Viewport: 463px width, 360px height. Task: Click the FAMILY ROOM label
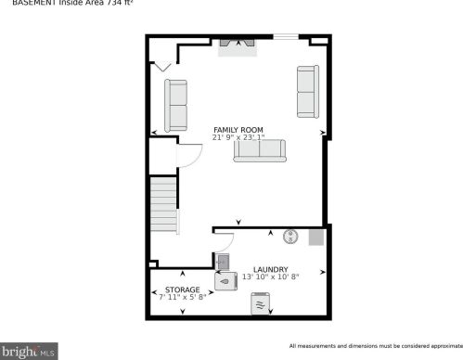238,129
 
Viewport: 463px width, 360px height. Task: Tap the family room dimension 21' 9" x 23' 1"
238,138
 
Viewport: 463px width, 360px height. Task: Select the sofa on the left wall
175,104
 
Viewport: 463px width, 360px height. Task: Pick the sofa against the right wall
306,92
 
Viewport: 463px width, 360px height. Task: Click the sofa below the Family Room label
260,150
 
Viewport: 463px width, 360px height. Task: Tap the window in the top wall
285,37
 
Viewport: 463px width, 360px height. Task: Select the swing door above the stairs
189,155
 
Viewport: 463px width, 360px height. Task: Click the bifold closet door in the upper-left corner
163,66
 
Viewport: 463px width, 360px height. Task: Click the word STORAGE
184,290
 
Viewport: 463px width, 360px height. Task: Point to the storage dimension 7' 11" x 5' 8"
182,298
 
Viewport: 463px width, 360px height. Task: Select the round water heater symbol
289,237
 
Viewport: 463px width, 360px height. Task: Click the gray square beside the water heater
315,238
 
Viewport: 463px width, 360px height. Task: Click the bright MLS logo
31,352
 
